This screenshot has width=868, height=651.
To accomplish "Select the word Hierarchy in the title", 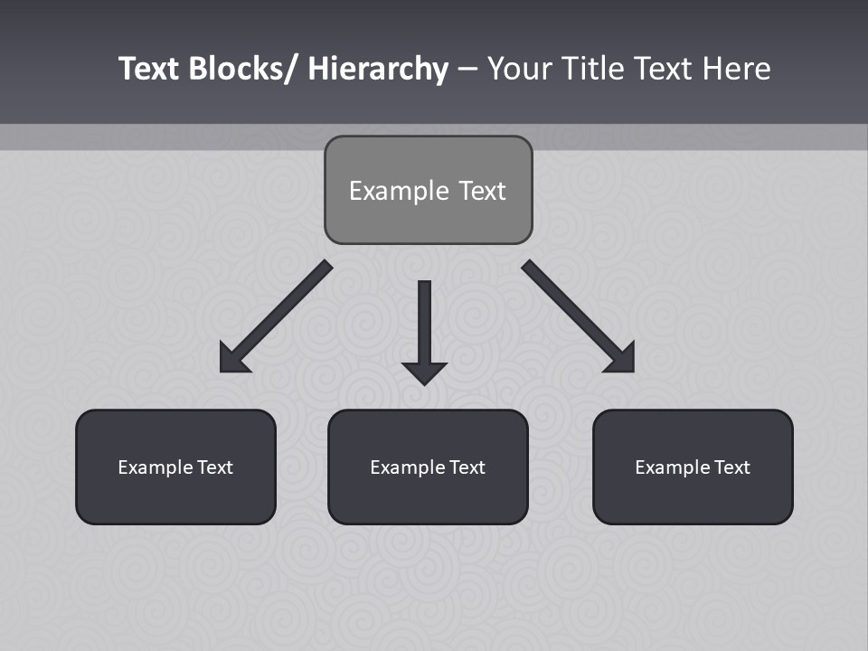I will (x=378, y=69).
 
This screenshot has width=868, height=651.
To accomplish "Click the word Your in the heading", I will (x=520, y=69).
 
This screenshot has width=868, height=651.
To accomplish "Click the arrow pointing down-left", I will (x=280, y=313).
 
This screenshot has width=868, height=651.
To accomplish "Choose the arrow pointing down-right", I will (x=574, y=313).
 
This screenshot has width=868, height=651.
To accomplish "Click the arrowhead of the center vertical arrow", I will (x=424, y=373).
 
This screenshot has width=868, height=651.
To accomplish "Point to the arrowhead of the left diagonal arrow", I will (x=231, y=361).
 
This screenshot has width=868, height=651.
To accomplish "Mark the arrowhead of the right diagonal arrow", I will (x=623, y=361).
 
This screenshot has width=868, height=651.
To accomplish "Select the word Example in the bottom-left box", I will (x=155, y=467).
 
